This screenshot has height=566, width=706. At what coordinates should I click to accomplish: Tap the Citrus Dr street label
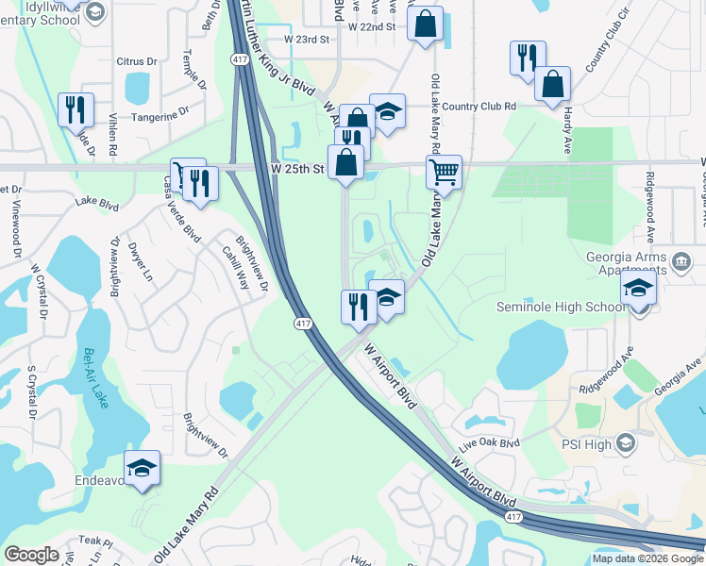[x=137, y=62]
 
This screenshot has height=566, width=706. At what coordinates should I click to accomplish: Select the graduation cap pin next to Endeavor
[x=142, y=468]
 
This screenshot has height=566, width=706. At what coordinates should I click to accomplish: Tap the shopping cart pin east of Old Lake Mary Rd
[x=444, y=174]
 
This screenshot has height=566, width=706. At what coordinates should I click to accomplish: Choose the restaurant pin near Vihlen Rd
[x=76, y=109]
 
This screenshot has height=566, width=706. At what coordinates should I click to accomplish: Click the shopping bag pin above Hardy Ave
[x=552, y=84]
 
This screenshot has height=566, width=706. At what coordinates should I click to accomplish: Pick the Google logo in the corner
[x=32, y=555]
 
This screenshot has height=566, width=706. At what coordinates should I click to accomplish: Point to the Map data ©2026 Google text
[x=647, y=558]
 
